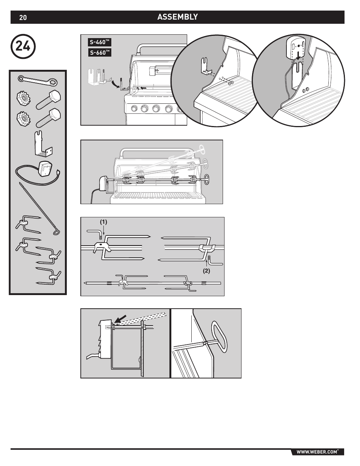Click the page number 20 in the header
23,18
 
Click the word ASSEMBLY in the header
177,17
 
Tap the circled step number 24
23,46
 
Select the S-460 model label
100,42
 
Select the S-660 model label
100,52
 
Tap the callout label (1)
103,222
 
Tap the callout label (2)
206,271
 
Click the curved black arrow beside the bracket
115,84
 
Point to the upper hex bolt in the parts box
48,100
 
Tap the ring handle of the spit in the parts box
56,232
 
